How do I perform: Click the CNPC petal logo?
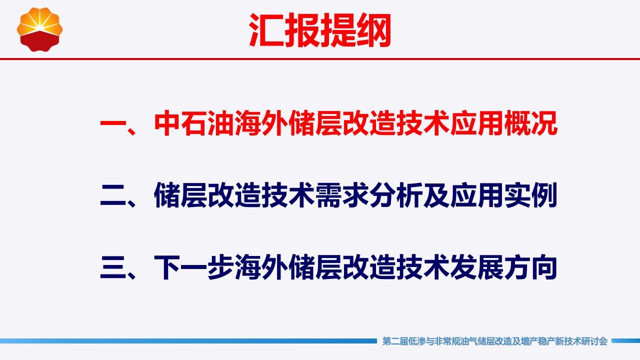(39, 29)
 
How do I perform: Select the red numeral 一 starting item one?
(113, 123)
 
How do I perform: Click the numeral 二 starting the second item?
(113, 195)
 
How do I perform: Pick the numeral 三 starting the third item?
(113, 267)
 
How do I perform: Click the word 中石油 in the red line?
(194, 123)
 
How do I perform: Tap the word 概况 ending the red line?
(531, 123)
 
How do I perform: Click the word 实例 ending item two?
(531, 195)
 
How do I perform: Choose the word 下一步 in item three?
(194, 267)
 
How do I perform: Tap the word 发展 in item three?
(476, 267)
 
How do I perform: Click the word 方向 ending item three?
(531, 267)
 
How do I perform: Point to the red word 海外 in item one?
(261, 123)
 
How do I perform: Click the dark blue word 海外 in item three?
(261, 267)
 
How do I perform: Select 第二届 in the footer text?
(395, 341)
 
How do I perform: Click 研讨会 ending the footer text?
(595, 341)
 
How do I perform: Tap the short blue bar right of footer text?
(625, 341)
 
